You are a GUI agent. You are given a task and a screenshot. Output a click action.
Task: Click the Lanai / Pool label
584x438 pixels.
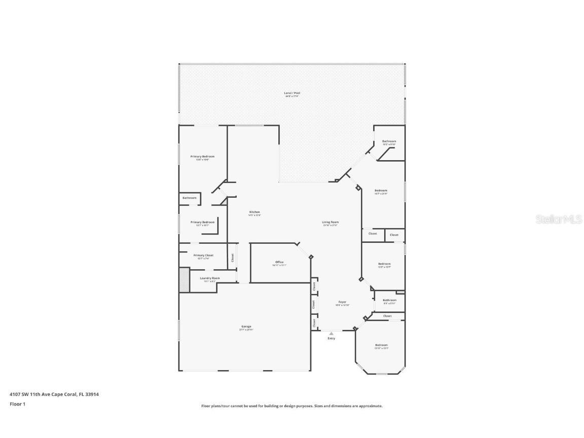tap(291, 93)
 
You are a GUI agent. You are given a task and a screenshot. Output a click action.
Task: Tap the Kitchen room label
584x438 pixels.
tap(254, 212)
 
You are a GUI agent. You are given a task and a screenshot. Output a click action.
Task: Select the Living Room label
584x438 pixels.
tap(331, 222)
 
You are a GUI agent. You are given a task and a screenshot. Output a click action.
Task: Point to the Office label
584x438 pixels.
tap(279, 262)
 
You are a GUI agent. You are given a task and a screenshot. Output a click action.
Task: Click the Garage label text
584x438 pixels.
tap(246, 326)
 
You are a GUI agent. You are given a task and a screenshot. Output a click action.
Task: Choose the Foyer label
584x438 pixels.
tap(343, 302)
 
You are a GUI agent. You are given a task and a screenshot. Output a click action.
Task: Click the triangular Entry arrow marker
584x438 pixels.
tap(331, 334)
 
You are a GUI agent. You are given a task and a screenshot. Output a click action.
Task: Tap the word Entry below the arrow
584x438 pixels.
tap(331, 339)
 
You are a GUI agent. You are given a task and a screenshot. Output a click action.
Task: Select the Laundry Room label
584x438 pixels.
tap(209, 278)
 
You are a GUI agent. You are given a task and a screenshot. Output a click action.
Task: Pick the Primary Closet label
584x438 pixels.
tap(203, 255)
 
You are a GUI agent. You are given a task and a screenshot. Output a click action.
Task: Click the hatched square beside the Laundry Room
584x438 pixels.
tap(184, 280)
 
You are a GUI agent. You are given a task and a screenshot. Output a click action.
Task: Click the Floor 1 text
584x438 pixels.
tap(17, 404)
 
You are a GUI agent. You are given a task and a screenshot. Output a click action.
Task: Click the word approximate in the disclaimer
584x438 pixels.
tap(371, 406)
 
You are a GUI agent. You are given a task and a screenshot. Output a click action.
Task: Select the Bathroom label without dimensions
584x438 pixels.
tap(190, 198)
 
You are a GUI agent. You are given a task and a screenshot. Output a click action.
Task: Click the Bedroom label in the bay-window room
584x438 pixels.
tap(381, 345)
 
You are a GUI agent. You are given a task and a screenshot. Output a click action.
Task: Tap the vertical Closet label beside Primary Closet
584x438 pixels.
tap(233, 258)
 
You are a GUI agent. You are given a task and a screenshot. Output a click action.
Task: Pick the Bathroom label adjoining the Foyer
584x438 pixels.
tap(389, 300)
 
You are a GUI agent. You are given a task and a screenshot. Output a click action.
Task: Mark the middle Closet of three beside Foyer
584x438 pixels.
tap(314, 305)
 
